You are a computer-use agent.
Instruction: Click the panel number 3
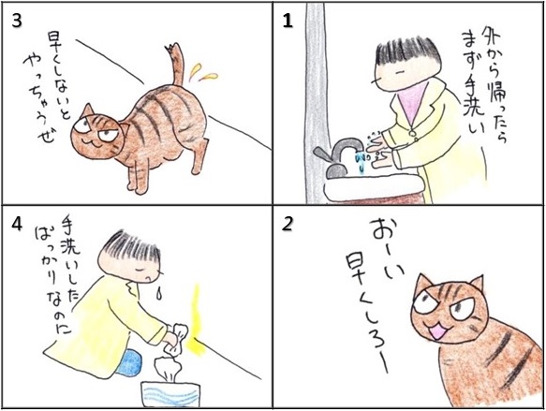(16, 21)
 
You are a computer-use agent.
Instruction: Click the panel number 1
(288, 22)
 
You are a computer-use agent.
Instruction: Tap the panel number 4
(17, 225)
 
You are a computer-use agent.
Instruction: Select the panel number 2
(288, 225)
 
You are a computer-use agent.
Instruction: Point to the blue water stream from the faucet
(361, 161)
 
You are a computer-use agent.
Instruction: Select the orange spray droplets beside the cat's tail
(203, 72)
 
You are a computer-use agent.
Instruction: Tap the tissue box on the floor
(170, 393)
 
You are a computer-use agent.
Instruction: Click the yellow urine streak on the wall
(197, 320)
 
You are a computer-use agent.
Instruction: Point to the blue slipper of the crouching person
(129, 362)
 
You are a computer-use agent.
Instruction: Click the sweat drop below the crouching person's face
(159, 293)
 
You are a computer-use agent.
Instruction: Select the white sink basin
(375, 187)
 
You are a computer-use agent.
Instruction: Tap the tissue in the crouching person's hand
(178, 335)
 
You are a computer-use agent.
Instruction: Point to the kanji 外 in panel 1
(492, 37)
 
